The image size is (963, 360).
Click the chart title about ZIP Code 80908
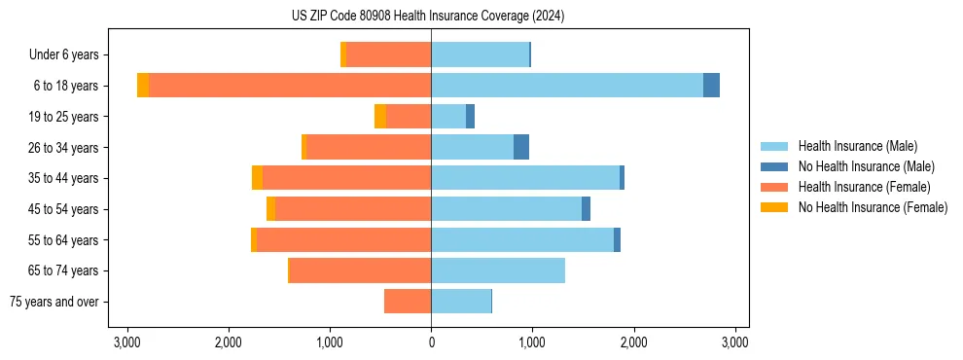click(428, 17)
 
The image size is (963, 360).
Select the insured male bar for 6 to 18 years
click(567, 86)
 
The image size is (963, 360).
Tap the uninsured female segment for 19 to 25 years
click(380, 117)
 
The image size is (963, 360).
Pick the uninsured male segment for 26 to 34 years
click(521, 147)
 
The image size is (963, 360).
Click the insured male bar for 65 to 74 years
click(498, 270)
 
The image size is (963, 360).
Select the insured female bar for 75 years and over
click(408, 302)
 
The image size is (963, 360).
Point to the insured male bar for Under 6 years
click(480, 54)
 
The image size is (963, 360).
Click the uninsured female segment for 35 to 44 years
click(257, 178)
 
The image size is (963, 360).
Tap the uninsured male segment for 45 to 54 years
click(586, 209)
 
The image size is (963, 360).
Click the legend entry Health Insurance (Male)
click(857, 146)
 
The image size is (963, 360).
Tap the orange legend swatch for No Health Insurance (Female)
click(774, 207)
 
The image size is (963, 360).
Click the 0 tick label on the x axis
click(431, 342)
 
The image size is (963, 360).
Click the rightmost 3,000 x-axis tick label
click(734, 342)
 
